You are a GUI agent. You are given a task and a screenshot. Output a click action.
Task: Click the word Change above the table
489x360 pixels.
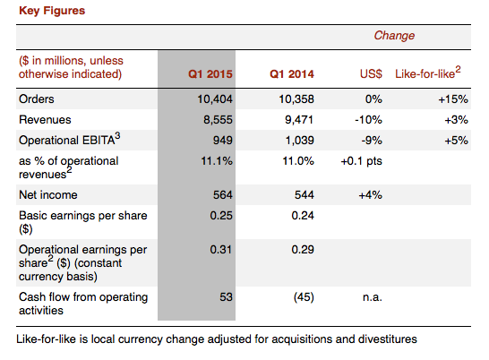point(394,36)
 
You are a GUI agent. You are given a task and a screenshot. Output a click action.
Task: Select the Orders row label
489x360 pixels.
point(37,99)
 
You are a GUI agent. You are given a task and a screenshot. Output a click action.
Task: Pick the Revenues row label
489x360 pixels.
point(44,119)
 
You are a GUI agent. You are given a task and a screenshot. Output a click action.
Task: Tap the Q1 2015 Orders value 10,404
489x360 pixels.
point(214,99)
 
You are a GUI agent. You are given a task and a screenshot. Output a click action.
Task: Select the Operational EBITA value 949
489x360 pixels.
point(220,140)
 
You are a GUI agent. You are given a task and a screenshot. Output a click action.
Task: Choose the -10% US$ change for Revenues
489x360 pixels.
point(370,119)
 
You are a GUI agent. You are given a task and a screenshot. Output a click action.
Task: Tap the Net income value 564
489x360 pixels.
point(220,193)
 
